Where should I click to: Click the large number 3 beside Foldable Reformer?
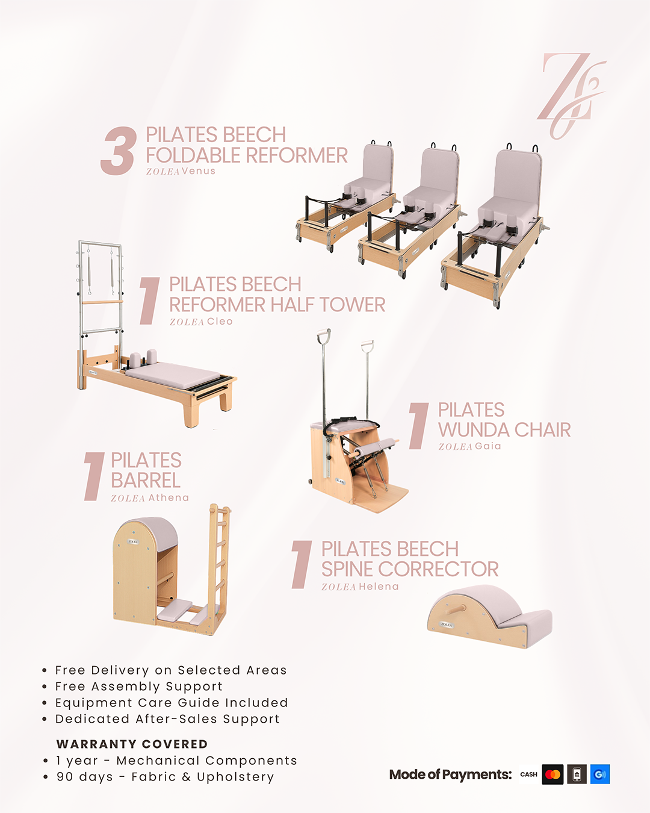[x=119, y=151]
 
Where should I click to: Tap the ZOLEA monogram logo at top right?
[x=571, y=96]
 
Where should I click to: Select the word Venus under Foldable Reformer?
[x=198, y=171]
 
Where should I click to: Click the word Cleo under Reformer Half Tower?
[x=220, y=322]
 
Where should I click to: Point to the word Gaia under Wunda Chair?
[x=488, y=446]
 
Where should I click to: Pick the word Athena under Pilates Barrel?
[x=168, y=497]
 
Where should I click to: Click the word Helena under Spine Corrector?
[x=379, y=587]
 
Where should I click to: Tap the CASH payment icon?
[x=528, y=774]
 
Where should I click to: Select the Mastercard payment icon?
[x=552, y=774]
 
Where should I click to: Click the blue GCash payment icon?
[x=600, y=774]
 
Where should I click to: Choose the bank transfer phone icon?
[x=577, y=774]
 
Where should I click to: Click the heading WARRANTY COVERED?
[x=132, y=744]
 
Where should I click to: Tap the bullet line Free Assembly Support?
[x=138, y=686]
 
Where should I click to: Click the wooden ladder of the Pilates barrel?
[x=220, y=567]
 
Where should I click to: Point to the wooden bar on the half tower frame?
[x=102, y=302]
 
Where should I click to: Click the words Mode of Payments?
[x=450, y=774]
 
